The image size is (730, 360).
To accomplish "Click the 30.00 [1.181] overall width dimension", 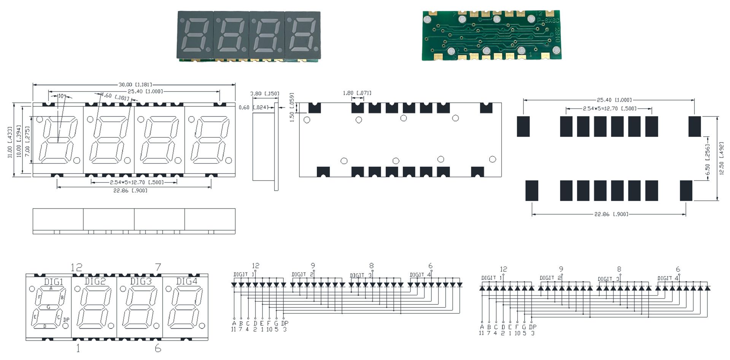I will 135,84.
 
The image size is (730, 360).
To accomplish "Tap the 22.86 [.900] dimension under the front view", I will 130,190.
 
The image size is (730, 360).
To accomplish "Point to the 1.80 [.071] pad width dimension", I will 357,93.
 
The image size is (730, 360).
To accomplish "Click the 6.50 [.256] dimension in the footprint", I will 708,159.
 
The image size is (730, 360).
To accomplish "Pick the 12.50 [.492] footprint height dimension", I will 722,159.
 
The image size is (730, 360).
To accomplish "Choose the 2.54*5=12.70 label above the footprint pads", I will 609,108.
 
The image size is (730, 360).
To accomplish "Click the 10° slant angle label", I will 62,96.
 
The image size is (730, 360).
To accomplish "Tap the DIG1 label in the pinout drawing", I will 54,282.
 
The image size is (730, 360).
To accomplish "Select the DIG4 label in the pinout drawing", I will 187,281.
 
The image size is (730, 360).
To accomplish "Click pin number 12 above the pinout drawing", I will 76,268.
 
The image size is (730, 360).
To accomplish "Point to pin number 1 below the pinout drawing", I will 78,348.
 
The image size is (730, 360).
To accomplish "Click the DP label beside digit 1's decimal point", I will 66,320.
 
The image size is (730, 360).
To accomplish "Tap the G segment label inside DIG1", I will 48,307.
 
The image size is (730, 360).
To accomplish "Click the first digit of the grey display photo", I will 196,35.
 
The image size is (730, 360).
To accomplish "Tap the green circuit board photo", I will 491,35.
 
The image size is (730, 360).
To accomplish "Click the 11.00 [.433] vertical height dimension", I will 10,142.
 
